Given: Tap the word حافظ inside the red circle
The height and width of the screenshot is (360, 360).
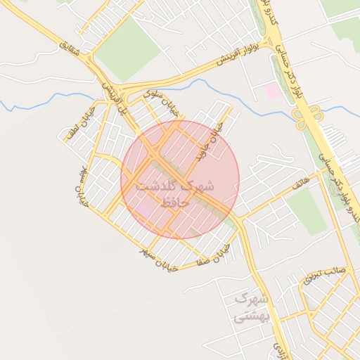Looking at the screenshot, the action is tap(175, 202).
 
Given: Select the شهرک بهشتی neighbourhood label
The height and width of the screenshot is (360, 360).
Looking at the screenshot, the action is tap(251, 308).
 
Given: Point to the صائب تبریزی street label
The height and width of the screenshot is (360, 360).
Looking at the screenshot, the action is tap(325, 275).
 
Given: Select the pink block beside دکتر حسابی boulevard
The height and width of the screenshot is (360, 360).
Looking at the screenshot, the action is tap(271, 91).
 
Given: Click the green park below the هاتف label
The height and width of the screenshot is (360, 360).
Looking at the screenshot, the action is tap(307, 212).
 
